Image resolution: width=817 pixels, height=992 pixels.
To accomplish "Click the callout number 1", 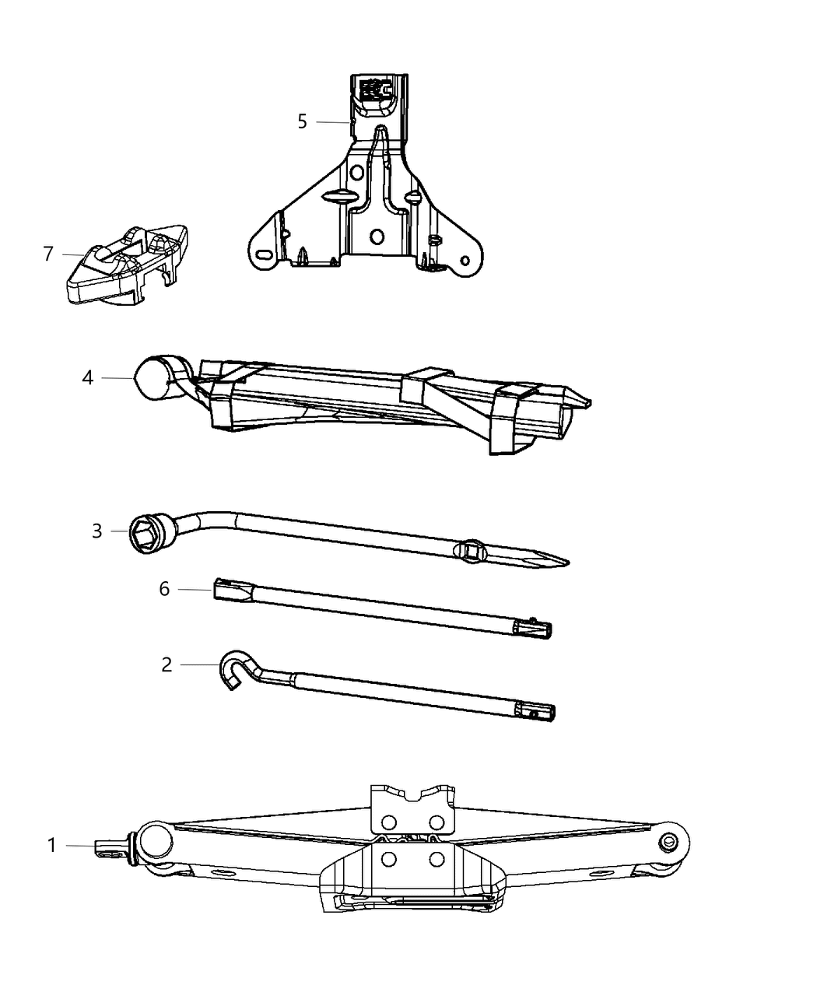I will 52,845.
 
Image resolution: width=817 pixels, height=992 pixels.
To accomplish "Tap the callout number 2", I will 167,665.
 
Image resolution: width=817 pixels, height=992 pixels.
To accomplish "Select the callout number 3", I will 96,531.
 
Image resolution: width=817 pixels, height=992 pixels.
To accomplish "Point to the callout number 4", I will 87,378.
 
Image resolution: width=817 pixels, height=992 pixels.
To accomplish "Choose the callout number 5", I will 302,122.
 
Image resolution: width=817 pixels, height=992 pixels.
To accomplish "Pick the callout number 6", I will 164,590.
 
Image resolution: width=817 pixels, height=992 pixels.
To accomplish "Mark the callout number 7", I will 48,254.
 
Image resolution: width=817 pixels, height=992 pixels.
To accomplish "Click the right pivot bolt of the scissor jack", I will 667,843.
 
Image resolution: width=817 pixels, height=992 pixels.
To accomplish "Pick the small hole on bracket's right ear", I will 465,260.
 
